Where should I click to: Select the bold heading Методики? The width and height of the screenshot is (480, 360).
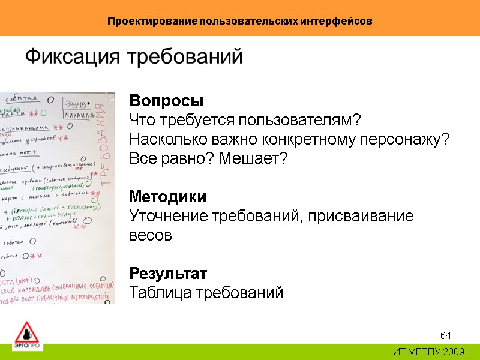coord(168,197)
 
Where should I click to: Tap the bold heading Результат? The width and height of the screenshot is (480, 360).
coord(168,274)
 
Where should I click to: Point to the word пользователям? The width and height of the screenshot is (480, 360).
coord(300,120)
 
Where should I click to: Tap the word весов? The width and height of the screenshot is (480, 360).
coord(151,236)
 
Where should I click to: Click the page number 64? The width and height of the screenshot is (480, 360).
coord(445,335)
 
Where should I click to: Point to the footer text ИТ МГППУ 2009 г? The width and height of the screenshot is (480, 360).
coord(431,351)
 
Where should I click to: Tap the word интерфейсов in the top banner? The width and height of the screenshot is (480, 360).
coord(339,21)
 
